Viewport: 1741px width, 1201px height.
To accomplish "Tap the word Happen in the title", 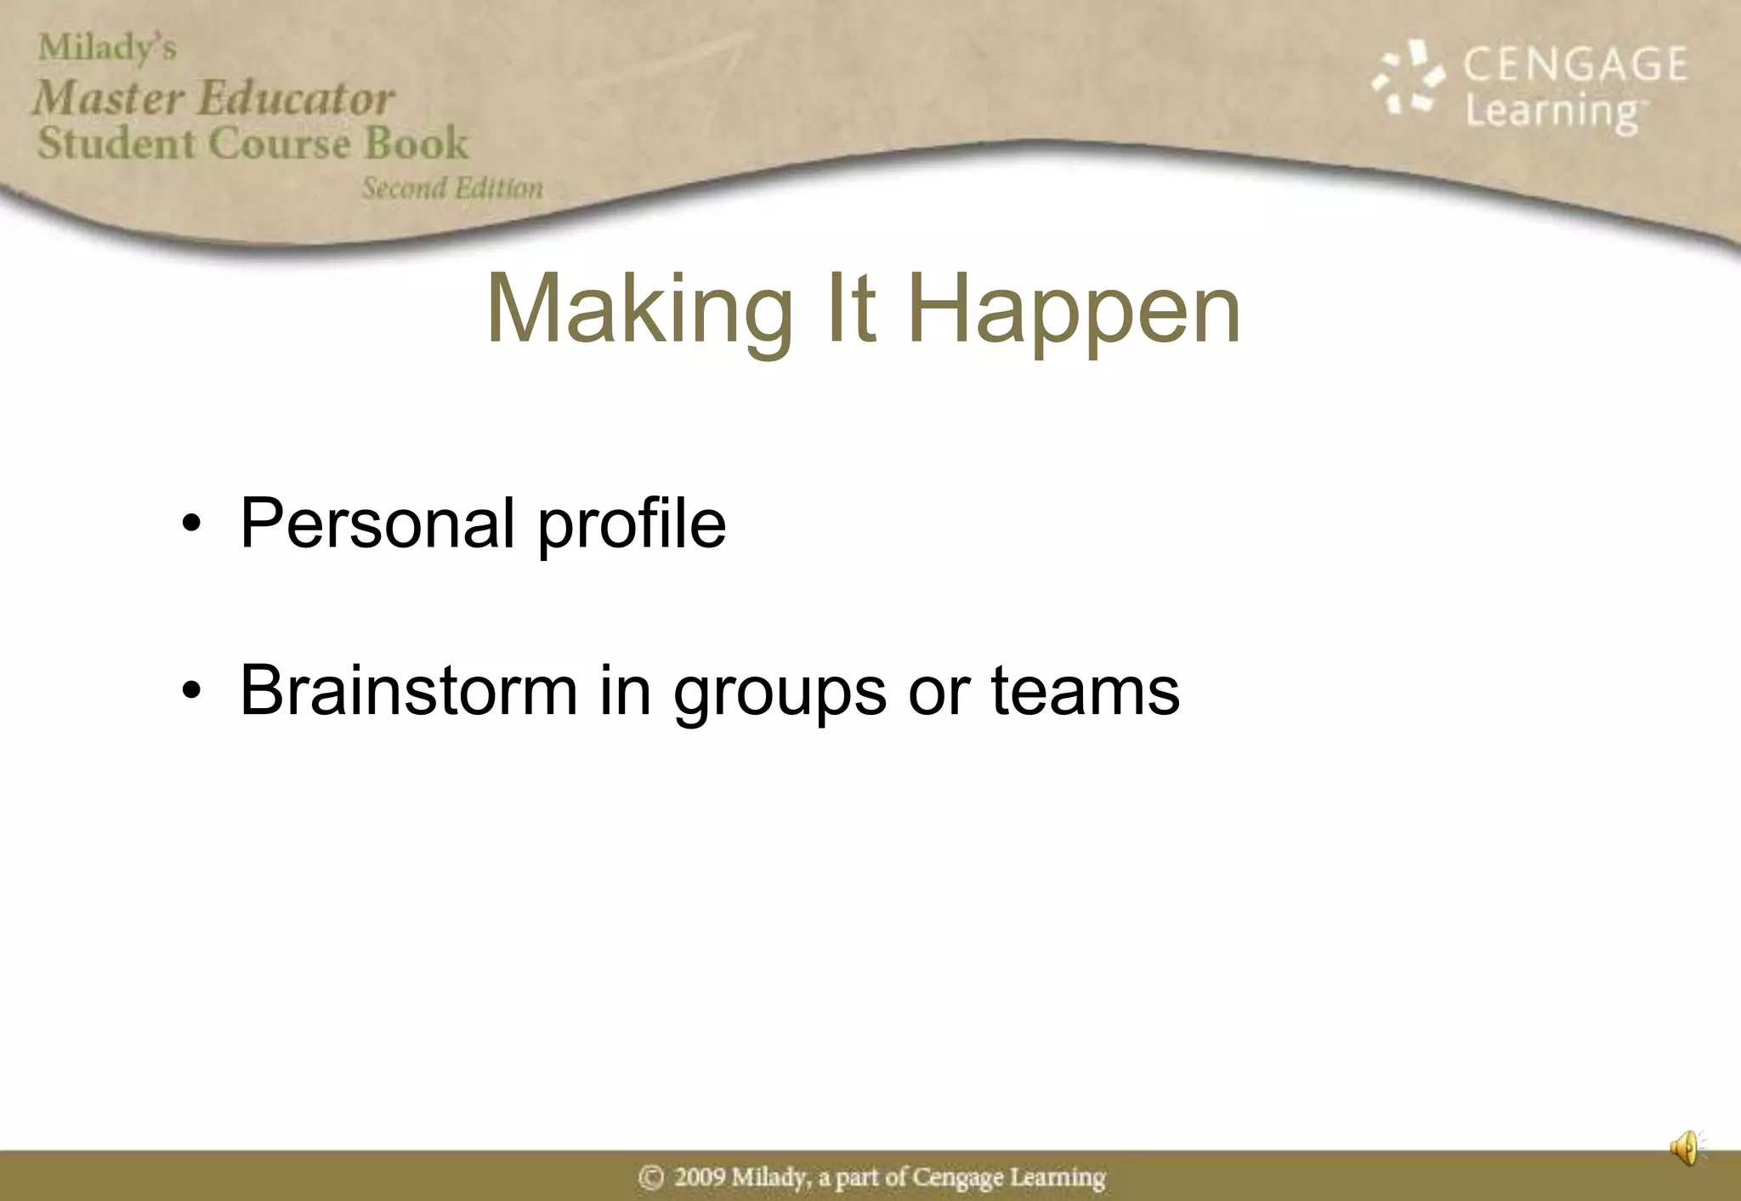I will (1074, 310).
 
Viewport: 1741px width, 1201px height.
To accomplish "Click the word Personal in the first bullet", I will (377, 524).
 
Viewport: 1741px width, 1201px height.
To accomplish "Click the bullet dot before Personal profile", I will (192, 524).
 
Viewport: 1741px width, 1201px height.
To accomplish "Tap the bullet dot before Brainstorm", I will (192, 691).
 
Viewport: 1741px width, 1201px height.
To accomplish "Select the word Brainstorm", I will (409, 690).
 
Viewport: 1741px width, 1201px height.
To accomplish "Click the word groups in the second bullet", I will (780, 694).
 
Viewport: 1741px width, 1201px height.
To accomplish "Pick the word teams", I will (1086, 690).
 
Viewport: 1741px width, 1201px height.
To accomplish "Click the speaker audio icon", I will (1685, 1148).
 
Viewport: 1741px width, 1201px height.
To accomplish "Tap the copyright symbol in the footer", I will (651, 1177).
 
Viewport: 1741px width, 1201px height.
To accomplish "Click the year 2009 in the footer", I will (699, 1177).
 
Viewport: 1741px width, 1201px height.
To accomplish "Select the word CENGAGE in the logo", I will (1574, 65).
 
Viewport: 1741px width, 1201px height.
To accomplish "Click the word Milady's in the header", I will (107, 48).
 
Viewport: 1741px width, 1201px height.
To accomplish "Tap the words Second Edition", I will (452, 188).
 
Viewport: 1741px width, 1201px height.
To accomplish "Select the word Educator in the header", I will (296, 98).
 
